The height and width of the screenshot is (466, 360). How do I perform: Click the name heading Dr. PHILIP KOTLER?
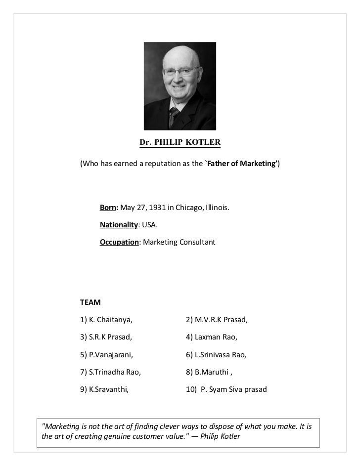(x=180, y=143)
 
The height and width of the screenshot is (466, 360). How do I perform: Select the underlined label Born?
(x=108, y=209)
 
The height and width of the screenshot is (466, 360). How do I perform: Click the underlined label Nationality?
(x=119, y=225)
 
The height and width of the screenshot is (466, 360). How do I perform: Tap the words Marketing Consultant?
(x=179, y=243)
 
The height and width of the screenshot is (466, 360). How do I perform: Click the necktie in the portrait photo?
(x=175, y=117)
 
